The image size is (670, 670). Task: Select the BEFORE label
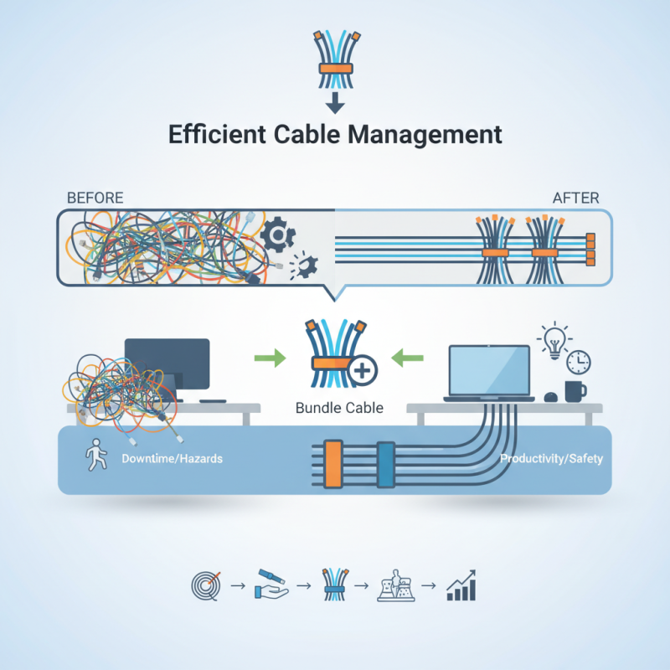(x=94, y=198)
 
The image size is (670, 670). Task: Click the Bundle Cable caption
(x=340, y=409)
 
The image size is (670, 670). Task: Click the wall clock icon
(x=579, y=362)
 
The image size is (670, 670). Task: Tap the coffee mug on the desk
(x=576, y=390)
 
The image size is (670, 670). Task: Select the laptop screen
(x=491, y=369)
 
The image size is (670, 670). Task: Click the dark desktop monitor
(x=167, y=363)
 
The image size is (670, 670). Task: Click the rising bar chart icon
(x=461, y=585)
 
